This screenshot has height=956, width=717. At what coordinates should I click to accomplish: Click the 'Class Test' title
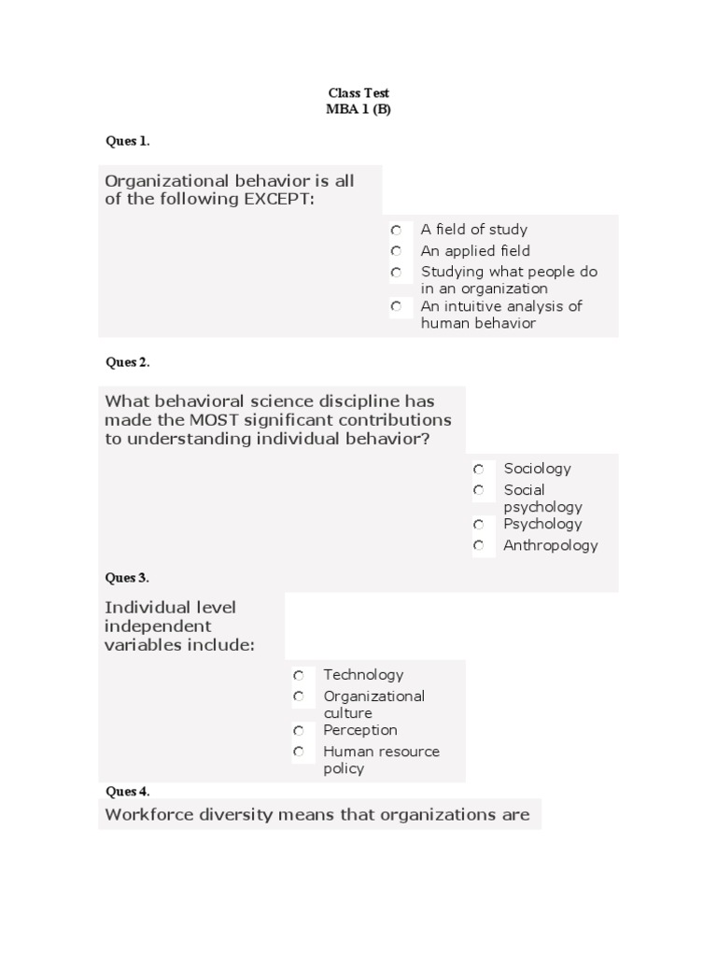click(x=358, y=93)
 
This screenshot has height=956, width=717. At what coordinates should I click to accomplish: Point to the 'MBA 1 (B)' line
click(x=358, y=108)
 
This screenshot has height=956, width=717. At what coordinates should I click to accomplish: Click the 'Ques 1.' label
click(x=128, y=141)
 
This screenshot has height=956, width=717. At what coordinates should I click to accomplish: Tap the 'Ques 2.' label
click(x=128, y=362)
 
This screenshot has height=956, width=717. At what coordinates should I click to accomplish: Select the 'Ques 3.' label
click(x=128, y=578)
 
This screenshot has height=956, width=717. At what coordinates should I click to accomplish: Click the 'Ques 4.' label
click(x=128, y=792)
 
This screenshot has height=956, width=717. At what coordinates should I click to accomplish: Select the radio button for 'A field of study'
click(x=397, y=230)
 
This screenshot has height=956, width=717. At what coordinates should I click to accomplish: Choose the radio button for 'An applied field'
click(x=397, y=251)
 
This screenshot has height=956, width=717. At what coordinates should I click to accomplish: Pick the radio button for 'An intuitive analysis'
click(x=397, y=306)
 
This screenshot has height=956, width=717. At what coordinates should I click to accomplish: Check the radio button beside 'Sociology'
click(x=479, y=470)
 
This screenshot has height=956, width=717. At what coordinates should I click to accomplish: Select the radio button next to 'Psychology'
click(x=479, y=525)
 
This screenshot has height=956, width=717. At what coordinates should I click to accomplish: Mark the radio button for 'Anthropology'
click(x=479, y=545)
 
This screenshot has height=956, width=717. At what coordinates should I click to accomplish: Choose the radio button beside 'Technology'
click(x=299, y=675)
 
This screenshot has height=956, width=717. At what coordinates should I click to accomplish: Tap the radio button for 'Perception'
click(x=299, y=730)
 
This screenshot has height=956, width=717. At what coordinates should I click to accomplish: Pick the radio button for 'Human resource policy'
click(x=299, y=752)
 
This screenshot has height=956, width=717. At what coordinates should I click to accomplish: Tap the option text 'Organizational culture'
click(x=373, y=705)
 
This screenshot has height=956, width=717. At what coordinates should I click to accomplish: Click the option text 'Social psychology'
click(x=542, y=499)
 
